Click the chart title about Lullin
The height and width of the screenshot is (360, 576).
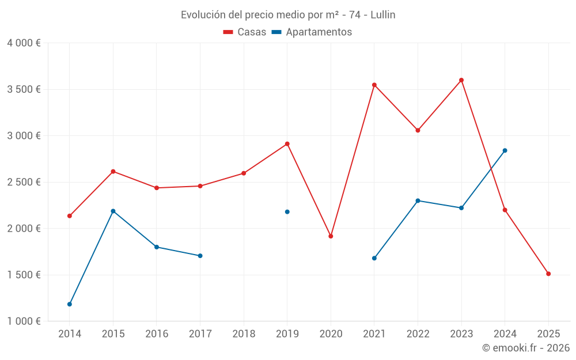point(288,14)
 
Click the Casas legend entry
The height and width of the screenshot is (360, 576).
point(245,32)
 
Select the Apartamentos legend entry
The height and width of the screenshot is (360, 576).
point(312,32)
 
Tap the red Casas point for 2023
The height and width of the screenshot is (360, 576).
point(461,80)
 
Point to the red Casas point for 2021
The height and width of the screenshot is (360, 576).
point(374,85)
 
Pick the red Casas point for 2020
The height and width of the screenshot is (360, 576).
point(331,236)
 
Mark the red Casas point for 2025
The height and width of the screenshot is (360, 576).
point(548,274)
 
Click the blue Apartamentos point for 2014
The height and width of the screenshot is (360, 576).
point(70,304)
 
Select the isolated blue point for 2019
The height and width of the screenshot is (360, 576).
point(287,212)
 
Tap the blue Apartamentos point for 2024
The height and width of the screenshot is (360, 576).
point(505,150)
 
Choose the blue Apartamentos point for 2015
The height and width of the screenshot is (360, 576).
point(113,211)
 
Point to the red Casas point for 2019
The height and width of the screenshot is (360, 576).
point(287,143)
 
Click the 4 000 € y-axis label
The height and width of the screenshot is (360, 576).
point(24,43)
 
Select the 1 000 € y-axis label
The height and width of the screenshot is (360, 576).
point(24,321)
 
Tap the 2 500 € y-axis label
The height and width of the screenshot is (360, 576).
point(24,182)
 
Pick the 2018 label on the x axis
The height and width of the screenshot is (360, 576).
point(244,334)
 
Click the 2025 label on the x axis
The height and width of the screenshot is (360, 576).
point(548,334)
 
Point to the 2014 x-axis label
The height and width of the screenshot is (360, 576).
point(70,334)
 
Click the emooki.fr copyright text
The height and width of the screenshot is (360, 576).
point(525,348)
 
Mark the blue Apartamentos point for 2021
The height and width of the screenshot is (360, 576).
point(374,258)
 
